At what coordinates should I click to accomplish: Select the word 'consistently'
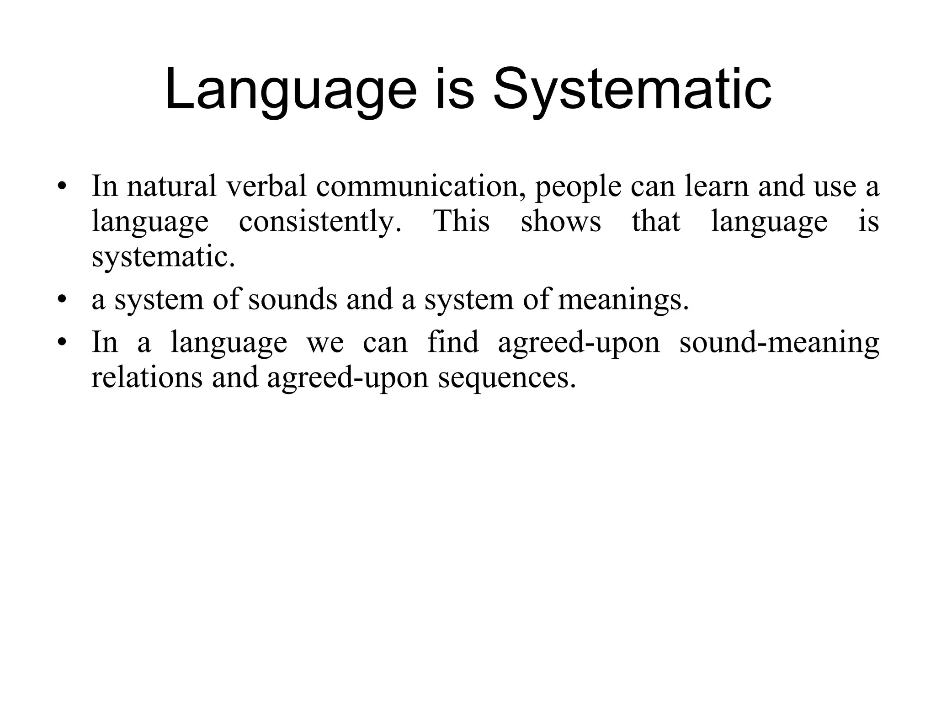tap(320, 222)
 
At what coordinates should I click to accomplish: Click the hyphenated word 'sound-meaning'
tap(779, 343)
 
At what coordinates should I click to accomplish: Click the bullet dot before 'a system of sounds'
tap(63, 300)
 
